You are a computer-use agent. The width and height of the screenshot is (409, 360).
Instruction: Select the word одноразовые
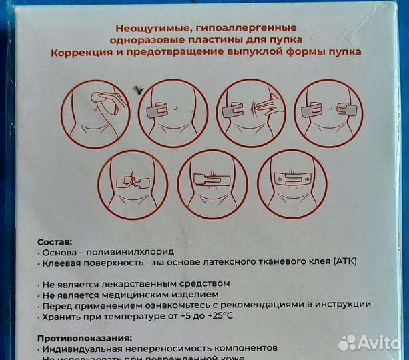[x=150, y=40]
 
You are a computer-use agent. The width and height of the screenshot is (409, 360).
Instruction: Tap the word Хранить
[x=63, y=315]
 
